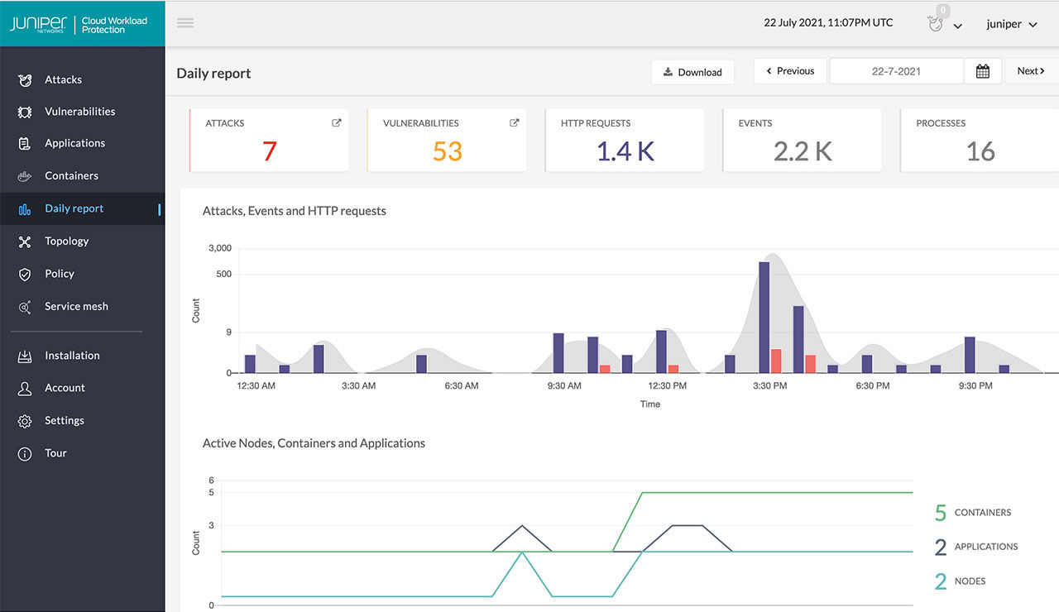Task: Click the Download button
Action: click(x=692, y=72)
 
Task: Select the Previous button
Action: click(x=789, y=71)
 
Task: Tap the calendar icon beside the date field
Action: click(x=983, y=71)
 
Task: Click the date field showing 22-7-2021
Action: click(x=896, y=71)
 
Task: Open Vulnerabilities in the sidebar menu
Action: click(x=79, y=112)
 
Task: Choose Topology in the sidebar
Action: click(x=66, y=241)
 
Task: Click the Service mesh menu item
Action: click(x=76, y=307)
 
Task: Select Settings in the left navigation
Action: click(x=65, y=421)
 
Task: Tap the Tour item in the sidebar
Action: click(x=55, y=453)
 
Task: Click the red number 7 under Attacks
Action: click(x=269, y=151)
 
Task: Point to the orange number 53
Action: click(x=447, y=151)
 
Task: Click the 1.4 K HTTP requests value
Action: click(x=625, y=151)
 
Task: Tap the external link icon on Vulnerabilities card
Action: click(x=514, y=123)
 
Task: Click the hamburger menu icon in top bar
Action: click(x=185, y=23)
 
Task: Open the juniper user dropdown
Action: click(x=1011, y=25)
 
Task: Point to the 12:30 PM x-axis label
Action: click(x=666, y=386)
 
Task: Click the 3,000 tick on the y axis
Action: click(x=220, y=248)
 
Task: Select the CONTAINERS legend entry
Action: click(x=982, y=513)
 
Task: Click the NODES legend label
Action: click(x=970, y=581)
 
